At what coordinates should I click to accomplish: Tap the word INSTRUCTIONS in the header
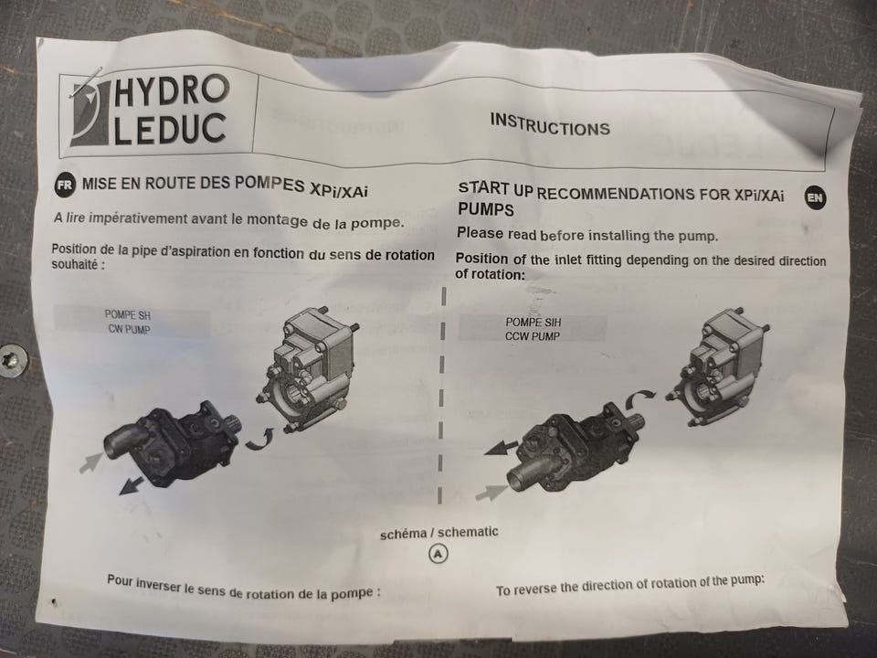pyautogui.click(x=550, y=125)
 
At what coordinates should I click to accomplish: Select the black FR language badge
pyautogui.click(x=65, y=185)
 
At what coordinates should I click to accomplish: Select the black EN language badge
pyautogui.click(x=815, y=197)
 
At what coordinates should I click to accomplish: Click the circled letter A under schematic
pyautogui.click(x=438, y=554)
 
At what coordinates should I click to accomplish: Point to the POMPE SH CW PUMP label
pyautogui.click(x=128, y=323)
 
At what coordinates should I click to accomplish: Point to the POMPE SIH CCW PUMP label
pyautogui.click(x=533, y=329)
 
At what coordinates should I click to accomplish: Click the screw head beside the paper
pyautogui.click(x=13, y=360)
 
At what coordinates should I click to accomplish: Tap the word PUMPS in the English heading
pyautogui.click(x=485, y=209)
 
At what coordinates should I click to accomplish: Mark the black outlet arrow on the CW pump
pyautogui.click(x=132, y=485)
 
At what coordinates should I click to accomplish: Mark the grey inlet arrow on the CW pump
pyautogui.click(x=90, y=462)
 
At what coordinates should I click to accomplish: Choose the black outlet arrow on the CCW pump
pyautogui.click(x=502, y=447)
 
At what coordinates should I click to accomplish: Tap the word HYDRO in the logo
pyautogui.click(x=172, y=91)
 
